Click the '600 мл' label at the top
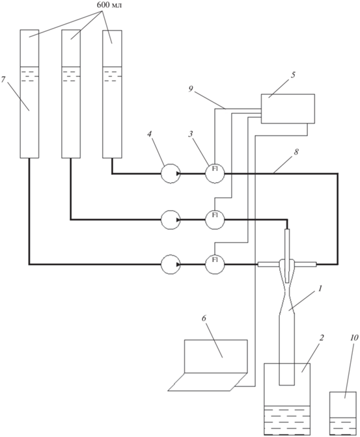tap(109, 5)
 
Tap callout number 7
tap(3, 79)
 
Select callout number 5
tap(293, 75)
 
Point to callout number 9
tap(191, 90)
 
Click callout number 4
tap(150, 134)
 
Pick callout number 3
tap(191, 134)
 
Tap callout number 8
tap(296, 152)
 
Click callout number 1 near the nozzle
tap(320, 288)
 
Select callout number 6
tap(204, 318)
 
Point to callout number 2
tap(321, 338)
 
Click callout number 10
tap(353, 338)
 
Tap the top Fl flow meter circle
tap(215, 174)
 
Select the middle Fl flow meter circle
tap(215, 220)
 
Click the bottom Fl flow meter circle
tap(215, 264)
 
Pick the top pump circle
tap(171, 174)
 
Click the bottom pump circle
tap(171, 264)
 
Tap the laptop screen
tap(215, 356)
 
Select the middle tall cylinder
tap(71, 94)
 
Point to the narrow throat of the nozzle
tap(286, 292)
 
